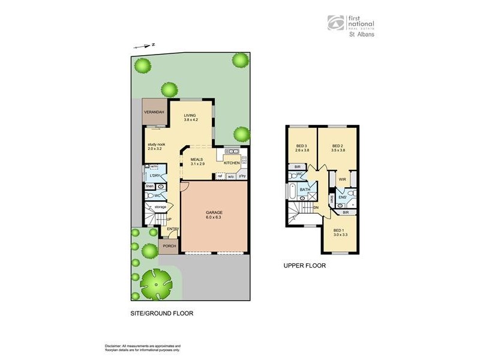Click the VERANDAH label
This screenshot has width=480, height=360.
click(x=154, y=112)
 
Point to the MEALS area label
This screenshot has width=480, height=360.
click(x=198, y=160)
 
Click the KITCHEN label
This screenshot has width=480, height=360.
click(x=232, y=163)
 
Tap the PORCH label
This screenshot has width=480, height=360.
click(x=169, y=246)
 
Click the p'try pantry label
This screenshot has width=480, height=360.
click(x=242, y=176)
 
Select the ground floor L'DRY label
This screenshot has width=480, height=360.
click(x=155, y=175)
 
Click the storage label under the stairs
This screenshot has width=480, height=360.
click(x=160, y=207)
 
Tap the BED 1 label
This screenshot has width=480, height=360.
click(x=339, y=230)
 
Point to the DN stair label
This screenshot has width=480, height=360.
click(x=316, y=208)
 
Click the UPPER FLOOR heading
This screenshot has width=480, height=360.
click(x=304, y=265)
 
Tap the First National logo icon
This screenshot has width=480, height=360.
click(x=335, y=23)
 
